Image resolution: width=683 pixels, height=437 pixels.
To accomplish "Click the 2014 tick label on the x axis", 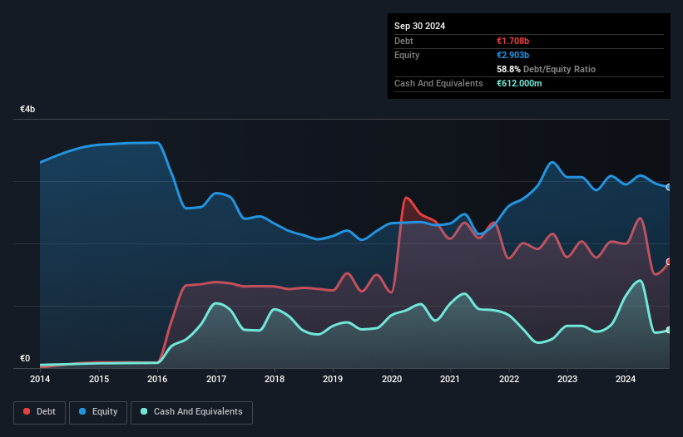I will [x=40, y=379].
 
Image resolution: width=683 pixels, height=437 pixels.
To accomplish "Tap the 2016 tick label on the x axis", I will [x=157, y=379].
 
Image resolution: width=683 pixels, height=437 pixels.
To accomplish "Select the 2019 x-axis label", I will [x=333, y=379].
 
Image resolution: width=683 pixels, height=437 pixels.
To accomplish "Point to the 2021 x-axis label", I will [x=450, y=379].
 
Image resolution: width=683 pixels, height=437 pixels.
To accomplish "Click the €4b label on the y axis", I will [x=27, y=110].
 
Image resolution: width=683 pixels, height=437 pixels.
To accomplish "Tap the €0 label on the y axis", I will [x=25, y=359].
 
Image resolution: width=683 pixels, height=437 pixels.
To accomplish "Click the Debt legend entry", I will [x=38, y=411].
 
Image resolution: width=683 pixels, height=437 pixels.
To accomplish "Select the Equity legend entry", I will [x=98, y=411].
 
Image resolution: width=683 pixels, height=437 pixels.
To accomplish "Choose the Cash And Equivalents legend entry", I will [x=191, y=411].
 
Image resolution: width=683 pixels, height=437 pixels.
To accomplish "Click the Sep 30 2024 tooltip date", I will [x=419, y=26].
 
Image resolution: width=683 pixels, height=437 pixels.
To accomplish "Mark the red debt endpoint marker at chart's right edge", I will [x=669, y=262].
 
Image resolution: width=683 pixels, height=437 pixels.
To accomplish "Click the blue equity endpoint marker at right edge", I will [x=669, y=187].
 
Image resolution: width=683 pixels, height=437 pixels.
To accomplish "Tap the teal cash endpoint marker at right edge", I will [x=669, y=330].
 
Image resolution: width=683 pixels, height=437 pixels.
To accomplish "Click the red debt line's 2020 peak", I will [x=406, y=198].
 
